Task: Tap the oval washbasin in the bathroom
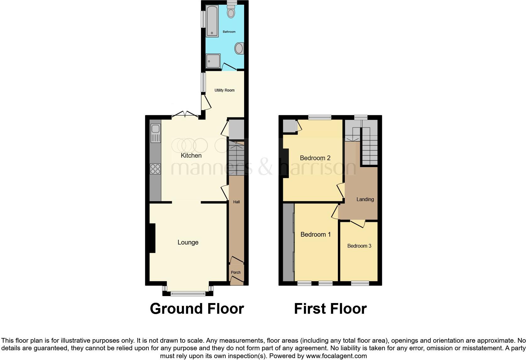239,49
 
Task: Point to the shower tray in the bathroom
213,61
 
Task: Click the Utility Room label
224,90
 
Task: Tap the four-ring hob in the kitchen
155,169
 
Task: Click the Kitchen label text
191,155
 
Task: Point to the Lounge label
188,242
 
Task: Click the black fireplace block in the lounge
152,238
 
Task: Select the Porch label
236,273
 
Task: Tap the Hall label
236,202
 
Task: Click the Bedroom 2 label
315,158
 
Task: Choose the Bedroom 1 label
316,234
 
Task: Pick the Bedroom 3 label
359,246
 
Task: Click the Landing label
365,199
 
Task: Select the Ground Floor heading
197,309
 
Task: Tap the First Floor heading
330,309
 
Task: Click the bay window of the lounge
187,293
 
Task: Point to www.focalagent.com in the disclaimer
336,356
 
